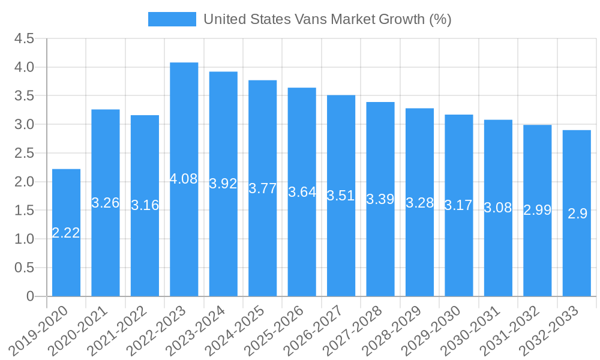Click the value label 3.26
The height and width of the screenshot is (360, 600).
pyautogui.click(x=106, y=203)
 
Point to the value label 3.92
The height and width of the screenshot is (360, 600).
pyautogui.click(x=223, y=184)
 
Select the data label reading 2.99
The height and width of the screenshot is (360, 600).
pyautogui.click(x=538, y=210)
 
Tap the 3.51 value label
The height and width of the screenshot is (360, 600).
pyautogui.click(x=341, y=196)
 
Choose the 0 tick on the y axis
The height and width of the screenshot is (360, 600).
pyautogui.click(x=31, y=296)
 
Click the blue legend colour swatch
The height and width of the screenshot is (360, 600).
pyautogui.click(x=172, y=19)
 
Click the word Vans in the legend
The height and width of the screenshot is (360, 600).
pyautogui.click(x=312, y=19)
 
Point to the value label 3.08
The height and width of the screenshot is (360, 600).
pyautogui.click(x=498, y=208)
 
